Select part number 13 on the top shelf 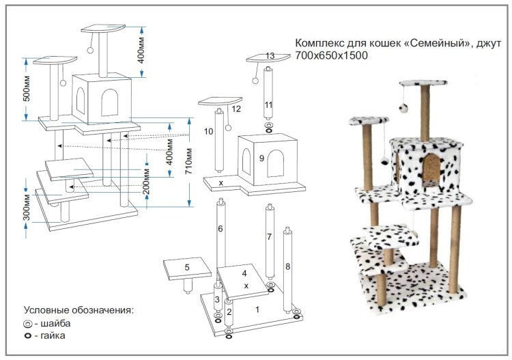click(270, 55)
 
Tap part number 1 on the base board click(257, 309)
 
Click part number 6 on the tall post click(221, 230)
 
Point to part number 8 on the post click(288, 265)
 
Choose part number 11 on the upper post click(268, 105)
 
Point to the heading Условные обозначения click(79, 309)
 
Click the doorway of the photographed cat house click(431, 171)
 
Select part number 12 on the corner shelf click(236, 108)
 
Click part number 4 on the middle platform click(244, 273)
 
